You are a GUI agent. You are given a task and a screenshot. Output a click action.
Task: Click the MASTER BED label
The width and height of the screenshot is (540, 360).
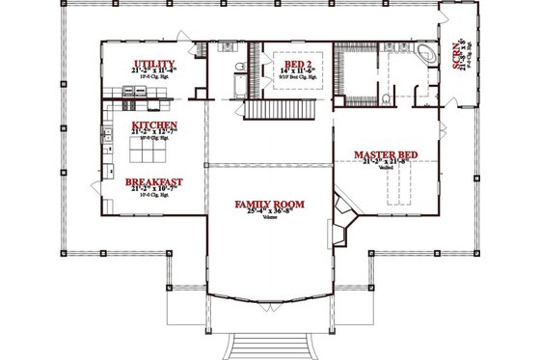(x=386, y=154)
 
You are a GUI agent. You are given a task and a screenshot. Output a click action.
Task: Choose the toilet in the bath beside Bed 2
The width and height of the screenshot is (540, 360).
(x=235, y=68)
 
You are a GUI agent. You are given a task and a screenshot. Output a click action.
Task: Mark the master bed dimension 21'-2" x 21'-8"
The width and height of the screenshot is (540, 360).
(x=386, y=163)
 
